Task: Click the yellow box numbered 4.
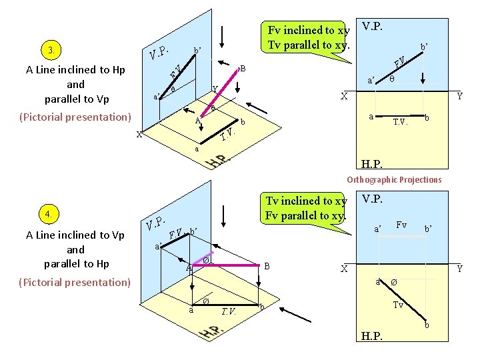[49, 215]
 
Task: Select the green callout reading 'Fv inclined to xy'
[308, 37]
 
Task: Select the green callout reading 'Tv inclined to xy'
[306, 207]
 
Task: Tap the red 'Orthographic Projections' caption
[393, 179]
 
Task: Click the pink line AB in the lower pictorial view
[230, 264]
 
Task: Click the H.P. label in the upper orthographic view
[371, 164]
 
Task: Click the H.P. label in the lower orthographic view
[371, 336]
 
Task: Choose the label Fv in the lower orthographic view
[402, 226]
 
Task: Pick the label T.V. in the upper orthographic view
[400, 122]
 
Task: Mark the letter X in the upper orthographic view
[344, 96]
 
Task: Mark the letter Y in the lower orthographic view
[459, 269]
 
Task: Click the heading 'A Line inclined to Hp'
[75, 69]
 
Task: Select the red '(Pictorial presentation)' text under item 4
[75, 282]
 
